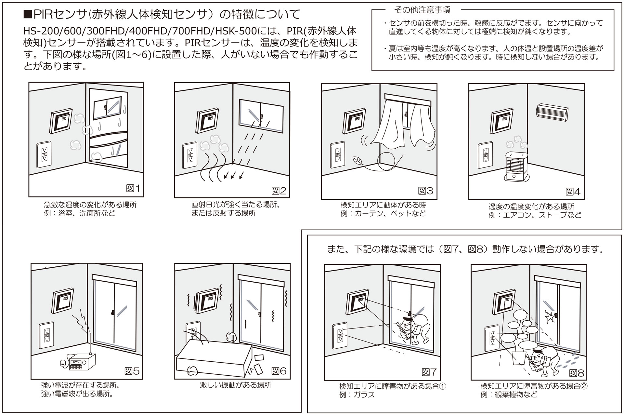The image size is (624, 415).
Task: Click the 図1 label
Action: [133, 188]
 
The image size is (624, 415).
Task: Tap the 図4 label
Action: [573, 192]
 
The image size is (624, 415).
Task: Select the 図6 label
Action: [279, 371]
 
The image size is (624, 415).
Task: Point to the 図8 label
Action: [577, 373]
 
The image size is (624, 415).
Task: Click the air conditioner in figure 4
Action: [552, 112]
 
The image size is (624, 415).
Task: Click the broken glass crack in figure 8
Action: [550, 316]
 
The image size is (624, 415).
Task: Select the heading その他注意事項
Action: [422, 10]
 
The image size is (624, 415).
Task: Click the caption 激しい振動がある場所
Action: [235, 385]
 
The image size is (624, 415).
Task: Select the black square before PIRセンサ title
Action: [28, 14]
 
